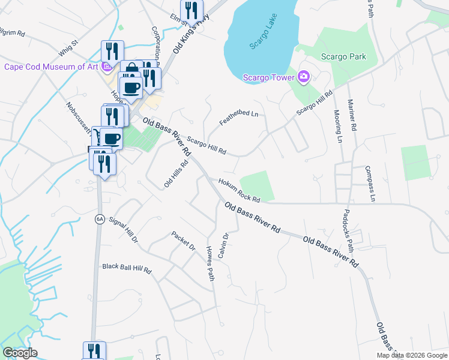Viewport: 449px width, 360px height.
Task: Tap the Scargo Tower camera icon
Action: pyautogui.click(x=304, y=77)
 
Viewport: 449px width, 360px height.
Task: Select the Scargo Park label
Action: pyautogui.click(x=343, y=56)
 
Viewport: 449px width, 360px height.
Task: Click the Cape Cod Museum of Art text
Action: pyautogui.click(x=50, y=67)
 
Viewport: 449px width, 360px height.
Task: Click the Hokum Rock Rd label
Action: pyautogui.click(x=239, y=191)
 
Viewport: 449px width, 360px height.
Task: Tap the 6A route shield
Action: pyautogui.click(x=100, y=220)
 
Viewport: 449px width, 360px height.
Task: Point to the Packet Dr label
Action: pyautogui.click(x=183, y=241)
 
